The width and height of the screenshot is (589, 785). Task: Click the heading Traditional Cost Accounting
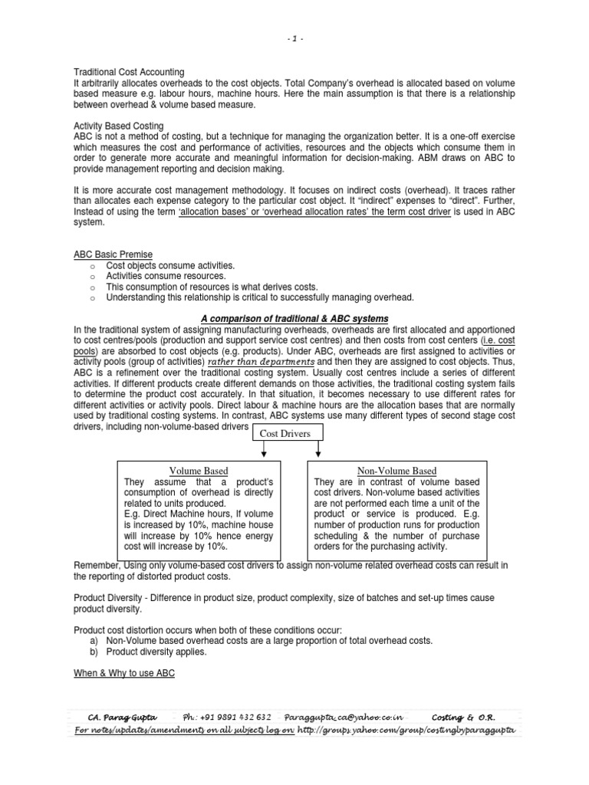point(129,72)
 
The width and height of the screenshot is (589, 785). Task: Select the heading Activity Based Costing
point(118,126)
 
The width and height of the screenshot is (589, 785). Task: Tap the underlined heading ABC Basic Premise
point(112,255)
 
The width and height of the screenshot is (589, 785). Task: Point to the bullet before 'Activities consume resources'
point(90,276)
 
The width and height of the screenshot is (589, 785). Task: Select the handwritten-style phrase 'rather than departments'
point(261,361)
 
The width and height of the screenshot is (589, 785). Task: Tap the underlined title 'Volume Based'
point(198,470)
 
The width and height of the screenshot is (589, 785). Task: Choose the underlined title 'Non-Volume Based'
point(397,470)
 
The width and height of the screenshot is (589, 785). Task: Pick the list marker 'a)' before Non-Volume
point(95,640)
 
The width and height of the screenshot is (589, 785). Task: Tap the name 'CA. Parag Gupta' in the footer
point(114,717)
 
